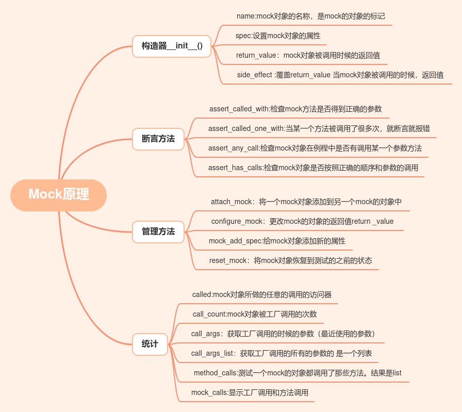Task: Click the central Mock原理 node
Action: pos(58,195)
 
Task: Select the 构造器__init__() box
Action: pos(172,46)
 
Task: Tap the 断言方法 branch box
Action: pos(158,139)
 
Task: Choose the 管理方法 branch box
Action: pos(158,232)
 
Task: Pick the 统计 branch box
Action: pos(150,344)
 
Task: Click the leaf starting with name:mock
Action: pos(310,16)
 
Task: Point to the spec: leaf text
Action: pos(278,36)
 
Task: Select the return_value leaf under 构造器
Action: pos(308,55)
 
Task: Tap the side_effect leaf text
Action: pos(340,75)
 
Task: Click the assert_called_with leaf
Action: pos(295,109)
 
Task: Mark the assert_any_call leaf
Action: pos(315,148)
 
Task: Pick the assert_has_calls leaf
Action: pos(313,168)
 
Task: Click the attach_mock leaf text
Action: pos(306,202)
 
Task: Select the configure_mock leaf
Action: pos(302,221)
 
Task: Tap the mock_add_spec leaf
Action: pos(277,241)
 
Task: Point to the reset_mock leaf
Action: pos(290,260)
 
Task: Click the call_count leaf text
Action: pos(254,314)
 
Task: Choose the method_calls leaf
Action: pos(298,373)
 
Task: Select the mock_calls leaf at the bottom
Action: pos(250,392)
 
